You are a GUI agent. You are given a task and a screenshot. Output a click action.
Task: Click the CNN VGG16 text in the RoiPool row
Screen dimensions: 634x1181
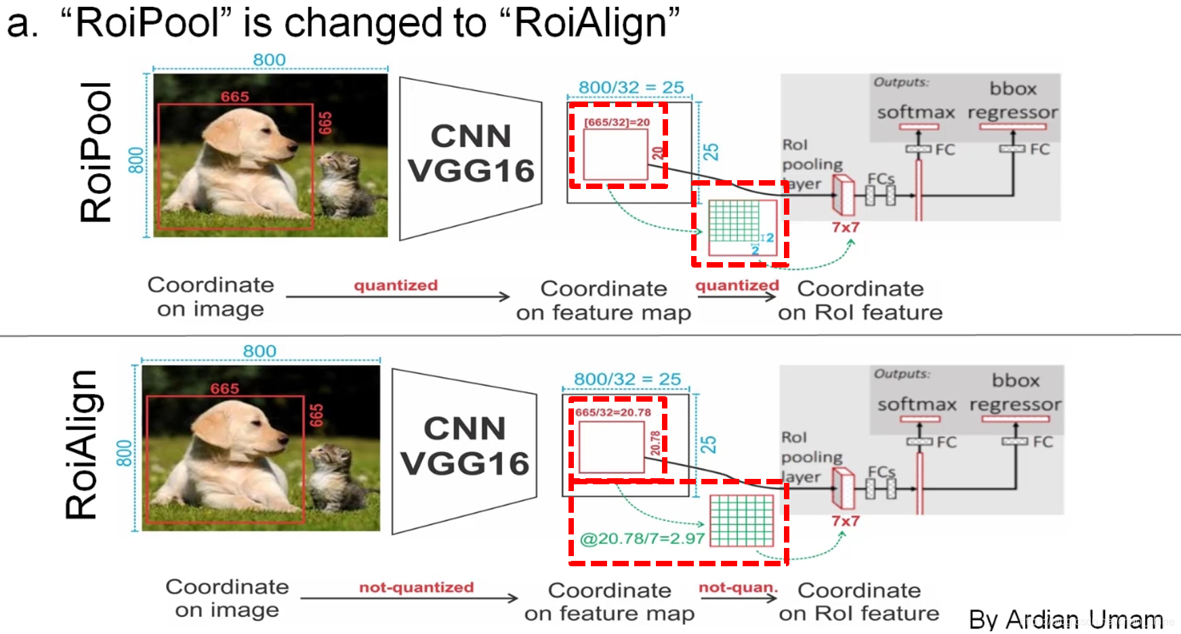pos(472,154)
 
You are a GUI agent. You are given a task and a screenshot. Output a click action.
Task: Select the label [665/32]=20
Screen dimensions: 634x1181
pos(617,123)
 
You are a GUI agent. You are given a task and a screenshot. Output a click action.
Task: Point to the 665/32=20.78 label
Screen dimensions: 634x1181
pos(613,413)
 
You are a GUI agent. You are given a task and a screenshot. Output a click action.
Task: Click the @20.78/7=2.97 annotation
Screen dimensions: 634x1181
pos(642,539)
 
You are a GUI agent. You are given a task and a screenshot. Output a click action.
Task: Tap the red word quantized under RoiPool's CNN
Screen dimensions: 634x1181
pos(396,285)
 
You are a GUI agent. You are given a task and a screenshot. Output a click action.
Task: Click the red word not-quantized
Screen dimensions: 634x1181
pos(416,587)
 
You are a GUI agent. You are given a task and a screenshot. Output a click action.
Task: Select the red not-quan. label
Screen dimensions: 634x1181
pos(738,587)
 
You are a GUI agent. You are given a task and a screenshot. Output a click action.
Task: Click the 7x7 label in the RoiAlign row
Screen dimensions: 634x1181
pos(846,521)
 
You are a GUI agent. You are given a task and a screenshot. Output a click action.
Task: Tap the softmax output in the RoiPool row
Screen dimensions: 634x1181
pos(916,112)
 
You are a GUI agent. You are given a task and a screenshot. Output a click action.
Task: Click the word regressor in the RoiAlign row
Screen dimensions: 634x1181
pos(1015,404)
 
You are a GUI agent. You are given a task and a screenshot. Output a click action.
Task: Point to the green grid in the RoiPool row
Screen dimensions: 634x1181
pos(734,221)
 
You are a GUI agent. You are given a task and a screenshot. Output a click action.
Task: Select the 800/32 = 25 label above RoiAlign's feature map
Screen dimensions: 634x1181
pos(627,379)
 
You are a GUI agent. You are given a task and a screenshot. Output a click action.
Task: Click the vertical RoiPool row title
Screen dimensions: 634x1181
pos(96,153)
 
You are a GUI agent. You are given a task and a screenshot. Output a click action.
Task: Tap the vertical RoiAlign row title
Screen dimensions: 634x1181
pos(82,445)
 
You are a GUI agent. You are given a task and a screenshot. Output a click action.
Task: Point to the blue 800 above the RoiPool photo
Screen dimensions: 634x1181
pos(269,60)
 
